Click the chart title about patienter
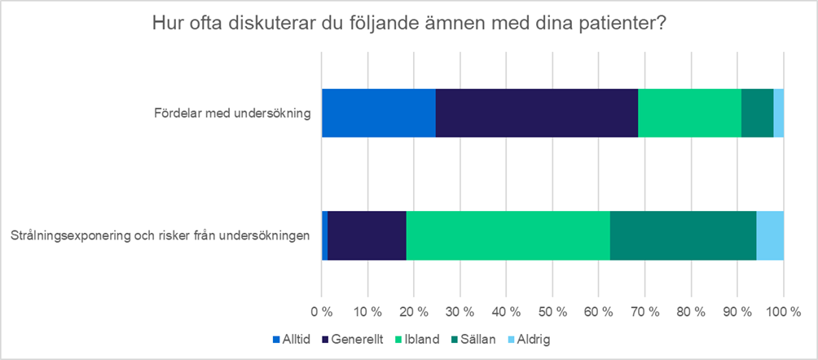point(410,24)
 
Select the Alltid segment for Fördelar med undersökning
point(378,112)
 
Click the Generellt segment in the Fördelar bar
point(536,112)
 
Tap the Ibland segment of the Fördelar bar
point(689,112)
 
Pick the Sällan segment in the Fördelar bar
point(757,112)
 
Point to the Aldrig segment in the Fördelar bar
point(778,112)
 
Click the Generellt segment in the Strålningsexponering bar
point(367,235)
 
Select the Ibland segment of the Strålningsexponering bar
point(508,235)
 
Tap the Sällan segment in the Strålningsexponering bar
point(683,235)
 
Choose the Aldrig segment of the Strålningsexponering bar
point(770,235)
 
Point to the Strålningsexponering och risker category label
point(161,236)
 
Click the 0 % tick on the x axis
point(322,312)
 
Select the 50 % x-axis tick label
point(552,312)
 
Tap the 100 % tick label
point(783,312)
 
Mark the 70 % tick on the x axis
point(644,312)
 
